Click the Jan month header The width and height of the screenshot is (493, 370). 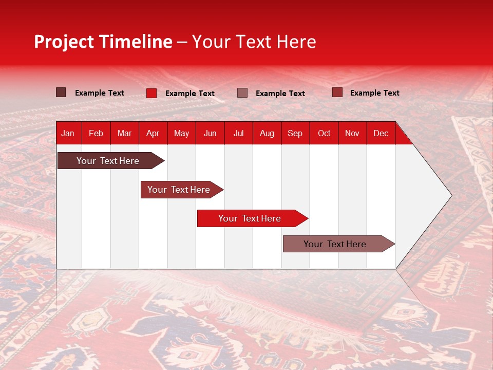coord(68,133)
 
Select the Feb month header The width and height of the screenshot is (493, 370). coord(96,133)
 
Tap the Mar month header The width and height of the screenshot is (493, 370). coord(124,133)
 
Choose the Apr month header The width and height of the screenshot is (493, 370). coord(153,133)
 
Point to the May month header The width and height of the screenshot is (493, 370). coord(181,133)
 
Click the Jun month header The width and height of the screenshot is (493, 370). coord(210,133)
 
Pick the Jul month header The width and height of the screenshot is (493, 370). coord(238,133)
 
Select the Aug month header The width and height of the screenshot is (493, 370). coord(267,133)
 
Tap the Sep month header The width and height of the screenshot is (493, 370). coord(295,133)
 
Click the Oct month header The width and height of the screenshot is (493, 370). coord(324,133)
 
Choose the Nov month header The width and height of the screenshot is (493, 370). coord(352,133)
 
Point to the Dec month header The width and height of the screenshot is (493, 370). coord(381,133)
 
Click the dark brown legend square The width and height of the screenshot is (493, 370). coord(61,92)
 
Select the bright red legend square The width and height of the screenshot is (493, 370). coord(151,93)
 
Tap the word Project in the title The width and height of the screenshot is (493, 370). coord(64,42)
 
